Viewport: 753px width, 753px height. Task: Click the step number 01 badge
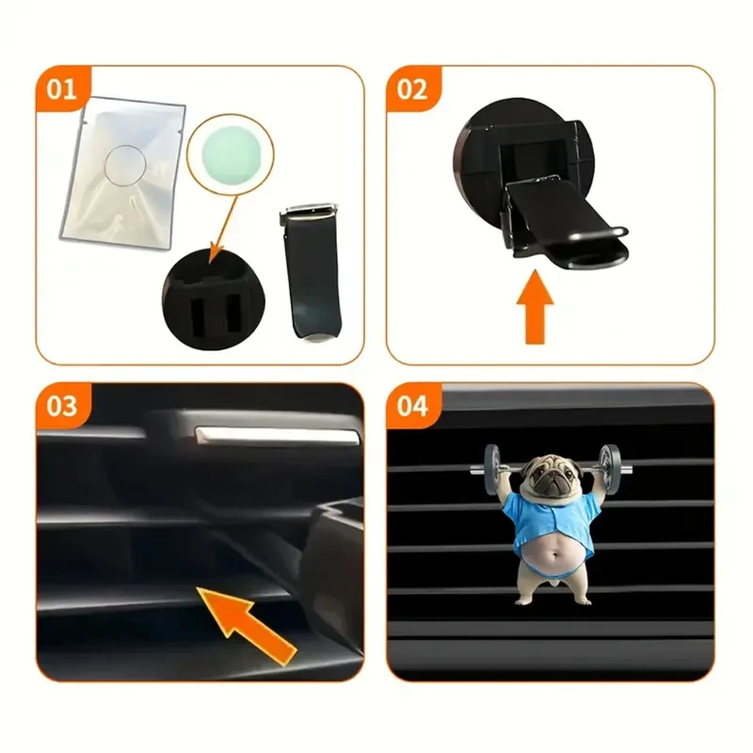(62, 89)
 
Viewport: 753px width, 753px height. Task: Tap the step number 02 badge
(412, 89)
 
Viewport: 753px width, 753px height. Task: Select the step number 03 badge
(62, 407)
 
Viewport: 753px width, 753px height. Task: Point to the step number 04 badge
(412, 407)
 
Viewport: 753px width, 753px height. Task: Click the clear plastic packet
(123, 174)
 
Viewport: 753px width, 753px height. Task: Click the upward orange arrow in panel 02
(535, 308)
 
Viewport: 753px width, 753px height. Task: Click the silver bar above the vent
(278, 435)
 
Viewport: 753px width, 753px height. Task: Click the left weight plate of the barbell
(491, 469)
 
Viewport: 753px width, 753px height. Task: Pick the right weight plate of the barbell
(609, 469)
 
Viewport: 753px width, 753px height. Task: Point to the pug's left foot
(525, 600)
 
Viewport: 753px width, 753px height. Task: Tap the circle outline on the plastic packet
(104, 165)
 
